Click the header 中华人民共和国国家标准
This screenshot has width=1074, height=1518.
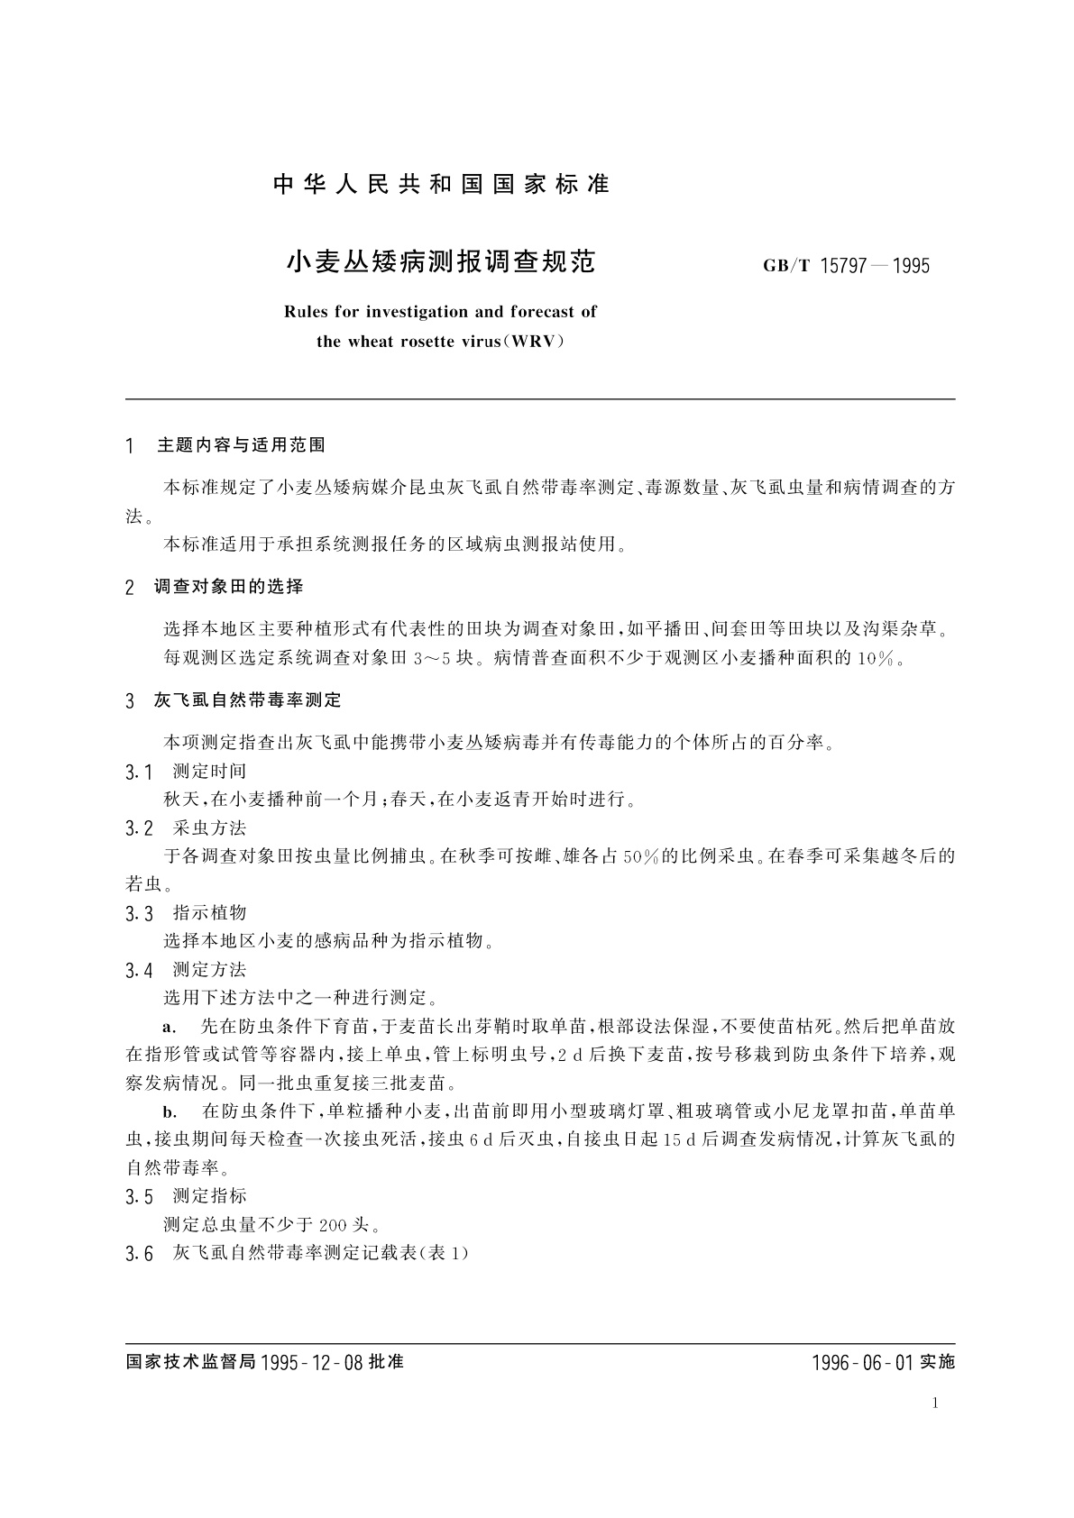click(441, 185)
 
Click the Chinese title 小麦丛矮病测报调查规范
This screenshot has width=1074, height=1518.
click(441, 262)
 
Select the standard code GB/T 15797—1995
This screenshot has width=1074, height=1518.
click(845, 266)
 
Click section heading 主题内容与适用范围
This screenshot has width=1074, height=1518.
click(241, 445)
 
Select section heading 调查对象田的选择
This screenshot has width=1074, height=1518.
click(228, 587)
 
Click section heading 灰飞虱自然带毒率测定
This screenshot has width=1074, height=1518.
click(248, 700)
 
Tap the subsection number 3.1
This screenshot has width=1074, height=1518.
click(140, 772)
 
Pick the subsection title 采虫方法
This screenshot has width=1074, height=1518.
click(209, 828)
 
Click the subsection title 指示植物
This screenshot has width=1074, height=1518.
click(209, 913)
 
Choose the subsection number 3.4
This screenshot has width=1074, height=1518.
click(140, 971)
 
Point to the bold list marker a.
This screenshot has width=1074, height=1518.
click(167, 1027)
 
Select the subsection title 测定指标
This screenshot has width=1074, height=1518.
click(209, 1196)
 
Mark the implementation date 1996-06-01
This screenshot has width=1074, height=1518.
click(862, 1362)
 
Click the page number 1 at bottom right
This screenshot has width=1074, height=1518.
click(936, 1403)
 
